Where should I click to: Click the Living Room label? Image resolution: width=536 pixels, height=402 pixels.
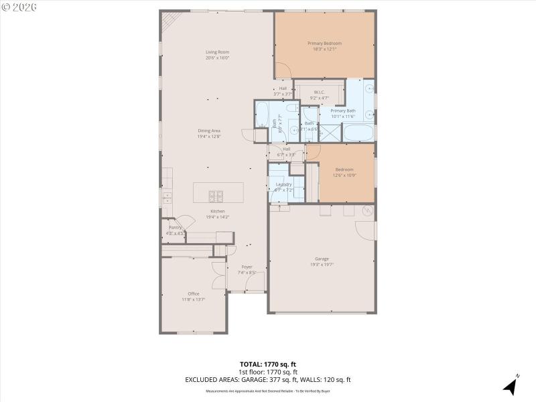[x=218, y=52]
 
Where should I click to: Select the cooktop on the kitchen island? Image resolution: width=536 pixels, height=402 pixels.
[x=216, y=196]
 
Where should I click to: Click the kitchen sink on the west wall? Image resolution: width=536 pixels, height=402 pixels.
[x=165, y=197]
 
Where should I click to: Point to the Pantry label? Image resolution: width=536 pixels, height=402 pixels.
[x=175, y=228]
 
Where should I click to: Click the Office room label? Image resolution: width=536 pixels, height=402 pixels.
[x=194, y=293]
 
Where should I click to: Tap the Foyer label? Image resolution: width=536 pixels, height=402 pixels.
[x=247, y=267]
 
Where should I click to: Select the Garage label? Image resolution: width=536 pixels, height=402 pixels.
[x=322, y=259]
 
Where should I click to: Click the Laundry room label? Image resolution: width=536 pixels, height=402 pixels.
[x=283, y=184]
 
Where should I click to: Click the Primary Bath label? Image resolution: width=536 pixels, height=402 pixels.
[x=342, y=111]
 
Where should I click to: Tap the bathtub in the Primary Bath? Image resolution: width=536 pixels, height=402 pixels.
[x=358, y=132]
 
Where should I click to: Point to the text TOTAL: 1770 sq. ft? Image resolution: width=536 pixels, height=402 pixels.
[x=268, y=364]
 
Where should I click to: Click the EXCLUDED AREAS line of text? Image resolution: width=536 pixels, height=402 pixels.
[x=268, y=379]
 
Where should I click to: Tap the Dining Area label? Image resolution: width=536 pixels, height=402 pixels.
[x=209, y=131]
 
